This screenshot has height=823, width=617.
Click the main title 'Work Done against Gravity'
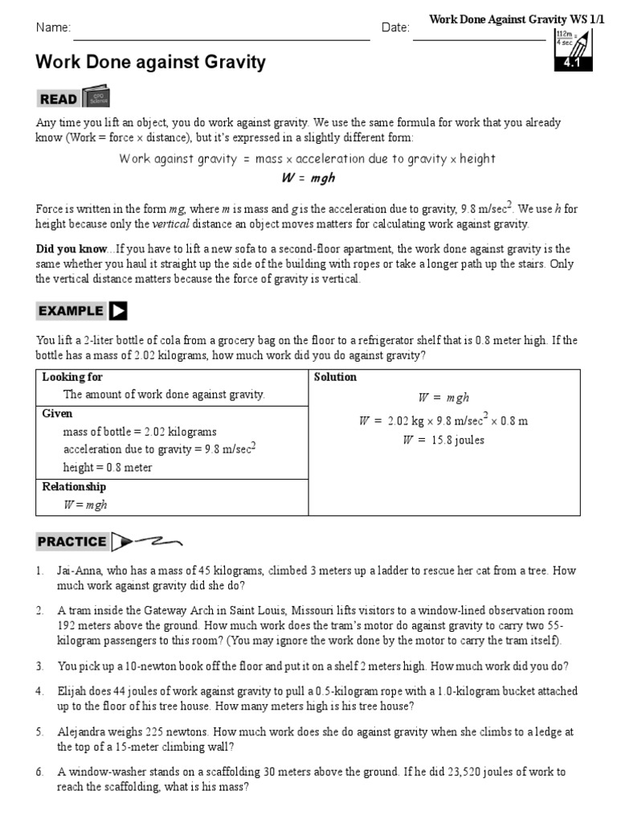pos(150,62)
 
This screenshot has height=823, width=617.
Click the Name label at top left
pos(53,28)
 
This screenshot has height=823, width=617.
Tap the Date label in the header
pos(395,28)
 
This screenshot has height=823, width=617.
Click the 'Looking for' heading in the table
pos(72,377)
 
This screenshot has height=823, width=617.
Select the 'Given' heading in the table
pos(57,413)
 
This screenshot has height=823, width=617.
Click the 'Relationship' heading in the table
pos(74,486)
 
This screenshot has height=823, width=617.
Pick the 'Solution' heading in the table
pos(335,377)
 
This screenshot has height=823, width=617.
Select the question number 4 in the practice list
pos(39,691)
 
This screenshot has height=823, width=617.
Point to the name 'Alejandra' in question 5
pos(83,732)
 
